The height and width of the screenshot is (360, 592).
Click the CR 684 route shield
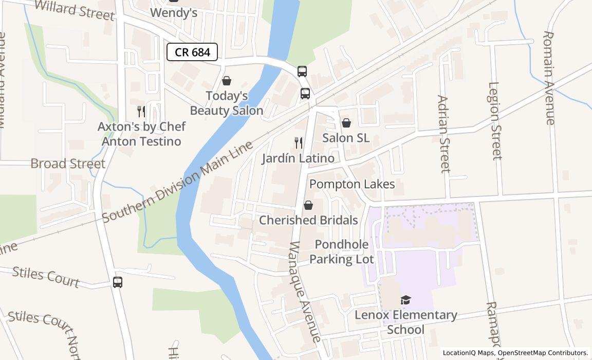pos(192,52)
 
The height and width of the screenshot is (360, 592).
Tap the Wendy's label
pos(174,13)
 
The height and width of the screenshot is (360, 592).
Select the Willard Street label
pos(75,10)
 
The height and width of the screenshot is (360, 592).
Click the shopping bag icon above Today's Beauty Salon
pos(226,81)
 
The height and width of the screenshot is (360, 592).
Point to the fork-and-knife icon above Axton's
pos(141,112)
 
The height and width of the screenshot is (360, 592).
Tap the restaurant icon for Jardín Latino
pos(298,143)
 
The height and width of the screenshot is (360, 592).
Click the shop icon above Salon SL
pos(346,123)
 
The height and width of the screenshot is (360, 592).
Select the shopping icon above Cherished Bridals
pos(308,205)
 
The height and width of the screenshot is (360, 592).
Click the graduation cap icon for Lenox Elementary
pos(406,300)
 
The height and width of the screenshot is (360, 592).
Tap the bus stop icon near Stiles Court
pos(118,282)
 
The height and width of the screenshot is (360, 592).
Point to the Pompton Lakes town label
pos(352,184)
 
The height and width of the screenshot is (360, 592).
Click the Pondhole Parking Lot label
pos(342,251)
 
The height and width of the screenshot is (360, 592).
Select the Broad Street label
pos(68,164)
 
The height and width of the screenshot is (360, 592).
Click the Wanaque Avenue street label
pos(305,291)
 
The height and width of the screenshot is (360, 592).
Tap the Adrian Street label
pos(443,134)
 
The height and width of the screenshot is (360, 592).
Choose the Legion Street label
pos(494,121)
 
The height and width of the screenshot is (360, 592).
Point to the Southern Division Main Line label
pos(178,181)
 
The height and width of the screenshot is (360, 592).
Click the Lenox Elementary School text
pos(406,322)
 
